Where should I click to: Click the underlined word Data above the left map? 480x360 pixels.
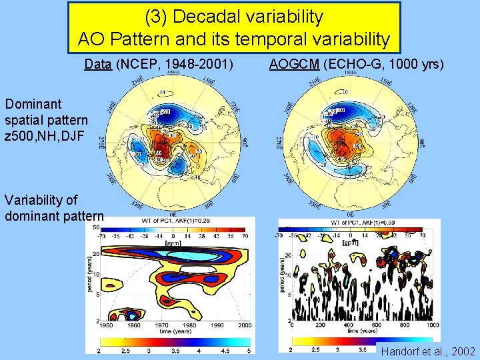tap(97, 64)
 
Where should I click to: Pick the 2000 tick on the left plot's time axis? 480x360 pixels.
tap(244, 325)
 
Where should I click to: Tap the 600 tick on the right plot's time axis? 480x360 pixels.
tap(377, 325)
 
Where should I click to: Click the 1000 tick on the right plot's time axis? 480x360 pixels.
tap(433, 325)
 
